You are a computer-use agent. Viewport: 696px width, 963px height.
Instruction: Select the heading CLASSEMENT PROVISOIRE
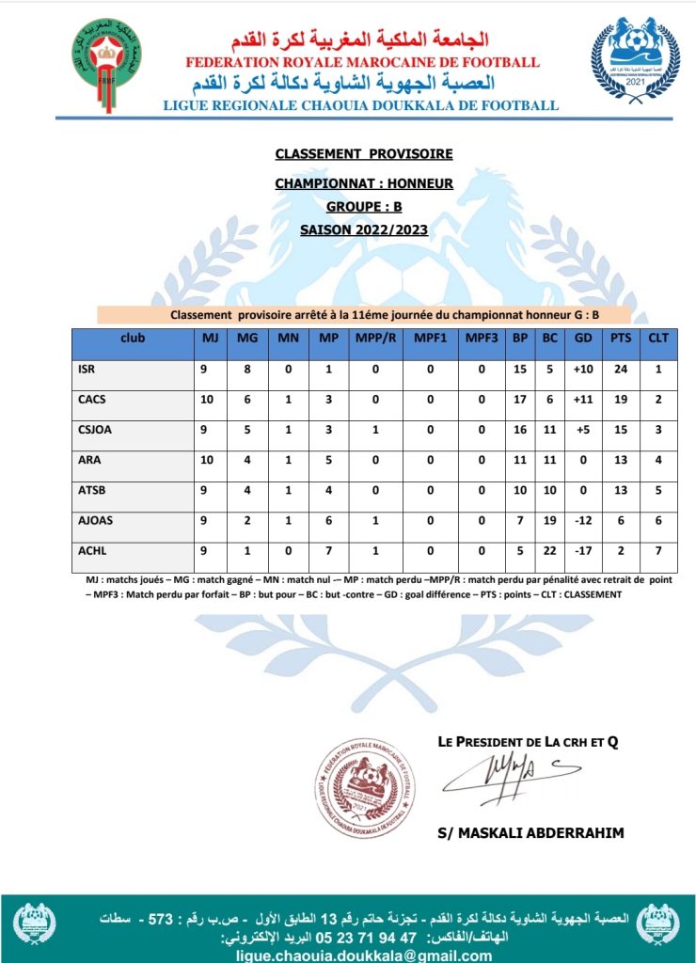[364, 153]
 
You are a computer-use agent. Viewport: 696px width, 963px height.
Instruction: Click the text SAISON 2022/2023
[364, 229]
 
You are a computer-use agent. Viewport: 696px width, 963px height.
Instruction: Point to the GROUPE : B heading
[364, 207]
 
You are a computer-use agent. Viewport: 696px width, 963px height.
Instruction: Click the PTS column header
[621, 339]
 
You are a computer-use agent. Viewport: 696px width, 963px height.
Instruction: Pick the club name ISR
[87, 370]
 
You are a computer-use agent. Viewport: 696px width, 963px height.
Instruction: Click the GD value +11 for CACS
[582, 400]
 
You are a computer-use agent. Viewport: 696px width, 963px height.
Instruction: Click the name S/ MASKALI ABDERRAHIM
[530, 833]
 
